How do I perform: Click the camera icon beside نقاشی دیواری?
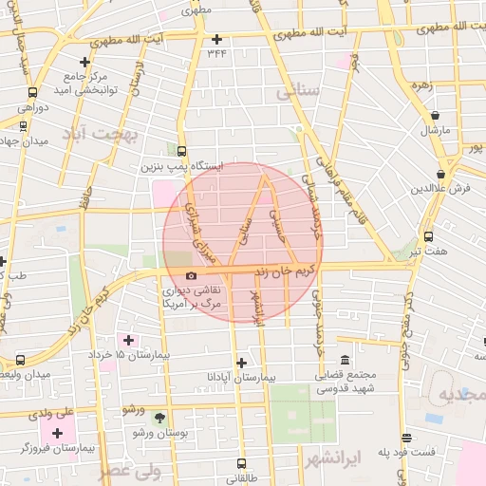[x=193, y=276]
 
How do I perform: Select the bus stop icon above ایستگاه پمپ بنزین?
[x=181, y=150]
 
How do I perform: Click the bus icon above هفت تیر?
[x=428, y=236]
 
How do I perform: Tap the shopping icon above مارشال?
[x=435, y=115]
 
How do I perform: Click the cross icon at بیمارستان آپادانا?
[x=242, y=363]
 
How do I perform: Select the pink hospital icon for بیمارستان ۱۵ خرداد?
[x=128, y=340]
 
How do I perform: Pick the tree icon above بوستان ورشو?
[x=159, y=417]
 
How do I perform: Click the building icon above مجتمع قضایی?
[x=344, y=360]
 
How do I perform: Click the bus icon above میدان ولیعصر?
[x=21, y=360]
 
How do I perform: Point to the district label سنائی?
[x=297, y=92]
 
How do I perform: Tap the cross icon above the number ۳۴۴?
[x=216, y=39]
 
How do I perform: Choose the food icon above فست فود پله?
[x=407, y=438]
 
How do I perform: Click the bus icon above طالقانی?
[x=236, y=465]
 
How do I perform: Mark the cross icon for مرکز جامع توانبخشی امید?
[x=84, y=62]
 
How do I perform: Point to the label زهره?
[x=421, y=84]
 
